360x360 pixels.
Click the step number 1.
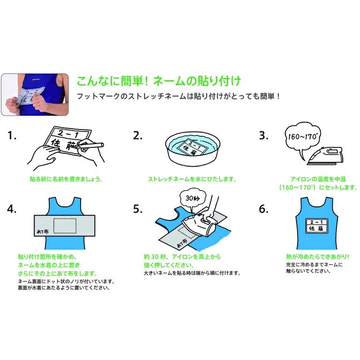click(12, 136)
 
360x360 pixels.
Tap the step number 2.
click(138, 136)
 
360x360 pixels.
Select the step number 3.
click(263, 136)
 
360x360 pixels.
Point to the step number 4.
click(12, 209)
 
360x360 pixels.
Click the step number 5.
click(138, 209)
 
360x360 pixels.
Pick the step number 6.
click(263, 209)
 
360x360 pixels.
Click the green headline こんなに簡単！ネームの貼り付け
click(158, 79)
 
